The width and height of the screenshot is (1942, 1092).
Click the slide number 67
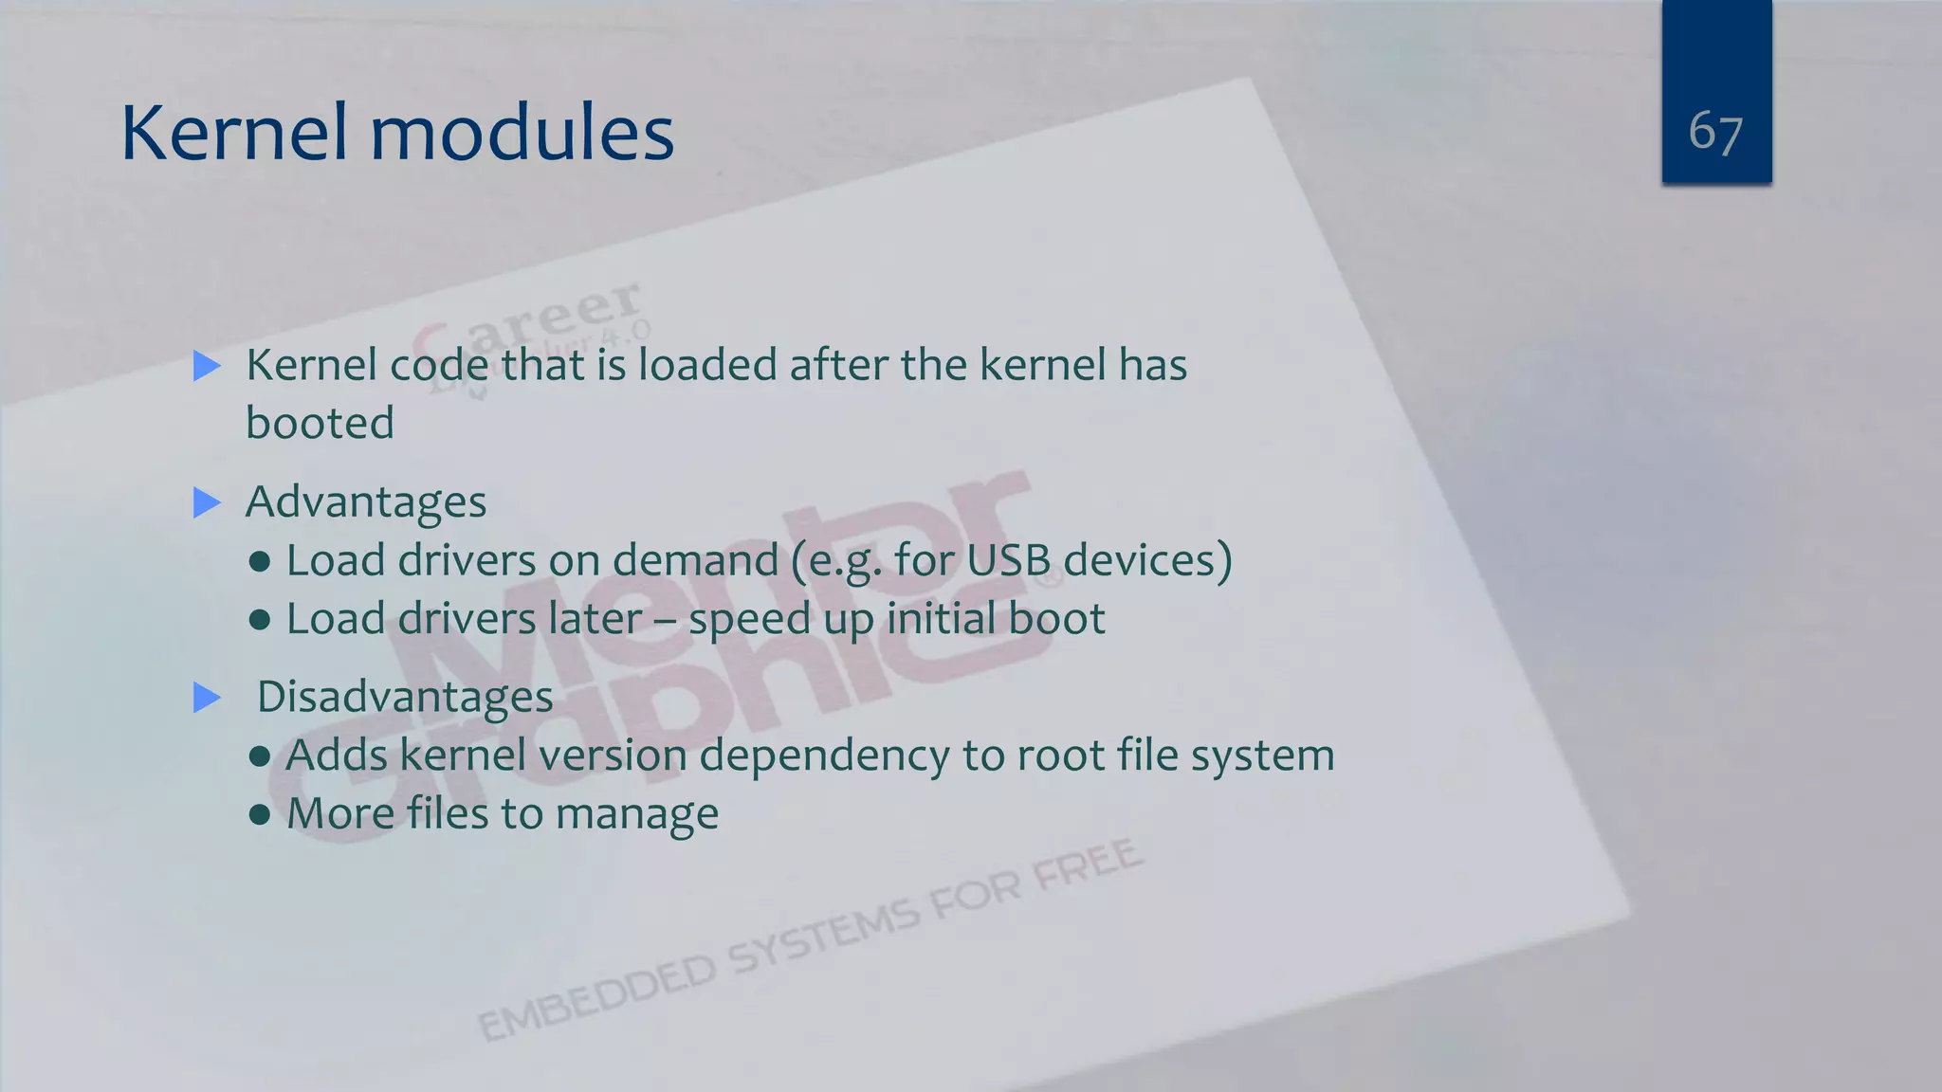tap(1715, 132)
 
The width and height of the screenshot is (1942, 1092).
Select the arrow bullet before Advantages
tap(207, 502)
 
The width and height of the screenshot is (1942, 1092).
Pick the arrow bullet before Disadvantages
tap(207, 698)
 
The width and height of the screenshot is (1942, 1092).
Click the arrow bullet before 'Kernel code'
tap(207, 366)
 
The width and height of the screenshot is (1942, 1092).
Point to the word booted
tap(320, 423)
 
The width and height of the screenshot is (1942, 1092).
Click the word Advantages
tap(366, 502)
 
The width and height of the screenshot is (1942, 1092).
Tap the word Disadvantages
tap(405, 698)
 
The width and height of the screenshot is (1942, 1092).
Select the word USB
tap(1008, 560)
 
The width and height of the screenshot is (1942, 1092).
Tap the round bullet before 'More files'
tap(260, 814)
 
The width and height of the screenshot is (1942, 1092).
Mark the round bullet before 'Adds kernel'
tap(260, 756)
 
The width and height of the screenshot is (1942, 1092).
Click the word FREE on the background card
tap(1088, 864)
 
